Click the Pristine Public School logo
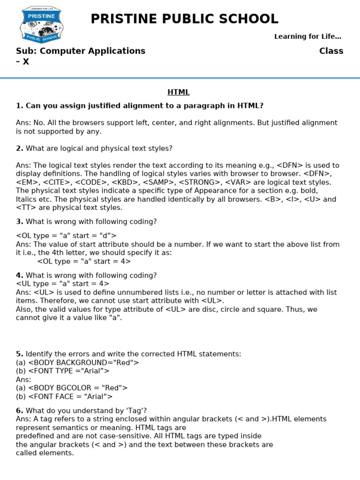(41, 25)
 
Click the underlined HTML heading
(179, 92)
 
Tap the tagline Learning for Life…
(307, 37)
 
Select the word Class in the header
(331, 51)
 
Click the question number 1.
(19, 106)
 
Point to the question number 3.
(19, 222)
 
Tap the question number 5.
(19, 354)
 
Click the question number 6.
(19, 411)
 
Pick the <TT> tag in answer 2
(24, 208)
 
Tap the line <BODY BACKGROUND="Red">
(77, 362)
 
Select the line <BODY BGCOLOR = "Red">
(72, 388)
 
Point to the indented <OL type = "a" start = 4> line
(84, 262)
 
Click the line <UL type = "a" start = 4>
(62, 284)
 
